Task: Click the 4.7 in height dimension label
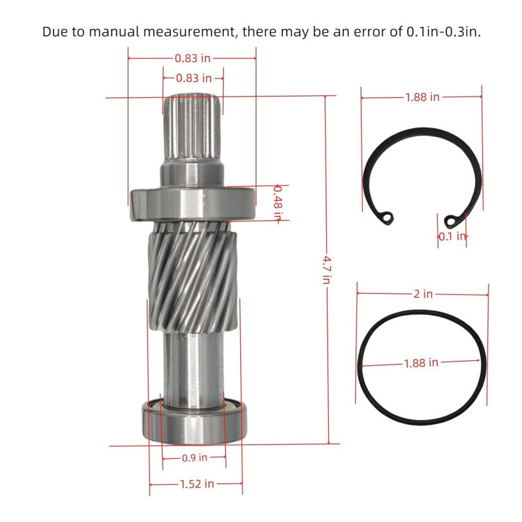coord(327,269)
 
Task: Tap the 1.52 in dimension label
coord(197,484)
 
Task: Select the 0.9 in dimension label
coord(194,458)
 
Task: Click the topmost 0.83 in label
coord(192,58)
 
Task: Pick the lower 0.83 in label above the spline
coord(194,78)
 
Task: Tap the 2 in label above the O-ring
coord(423,294)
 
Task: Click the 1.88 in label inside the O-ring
coord(421,363)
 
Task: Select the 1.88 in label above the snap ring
coord(422,97)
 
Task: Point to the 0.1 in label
coord(452,236)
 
